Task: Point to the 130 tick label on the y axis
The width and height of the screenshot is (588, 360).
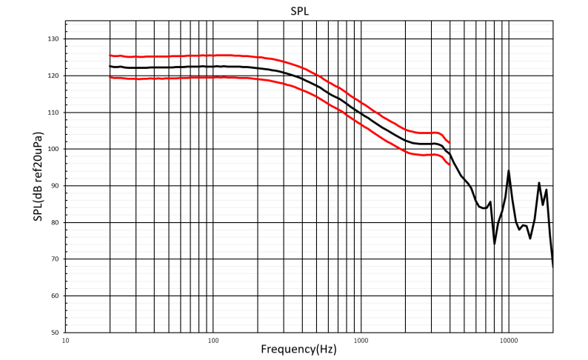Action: [54, 39]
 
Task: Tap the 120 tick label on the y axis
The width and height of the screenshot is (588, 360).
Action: [54, 76]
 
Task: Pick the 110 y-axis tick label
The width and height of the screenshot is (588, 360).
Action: [54, 113]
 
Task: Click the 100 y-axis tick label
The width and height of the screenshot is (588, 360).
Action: [54, 149]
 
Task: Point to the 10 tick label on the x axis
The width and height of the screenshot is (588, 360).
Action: [66, 340]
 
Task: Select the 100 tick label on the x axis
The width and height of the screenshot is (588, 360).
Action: [213, 340]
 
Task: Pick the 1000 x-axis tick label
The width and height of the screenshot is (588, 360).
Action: [361, 340]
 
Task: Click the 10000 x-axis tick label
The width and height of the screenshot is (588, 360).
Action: [509, 340]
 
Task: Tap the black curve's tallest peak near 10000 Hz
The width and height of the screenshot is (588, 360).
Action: [509, 171]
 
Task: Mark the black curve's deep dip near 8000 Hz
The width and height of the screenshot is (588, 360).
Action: [495, 243]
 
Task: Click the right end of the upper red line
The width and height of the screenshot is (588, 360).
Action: [450, 142]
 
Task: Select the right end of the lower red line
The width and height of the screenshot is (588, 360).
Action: [450, 164]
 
